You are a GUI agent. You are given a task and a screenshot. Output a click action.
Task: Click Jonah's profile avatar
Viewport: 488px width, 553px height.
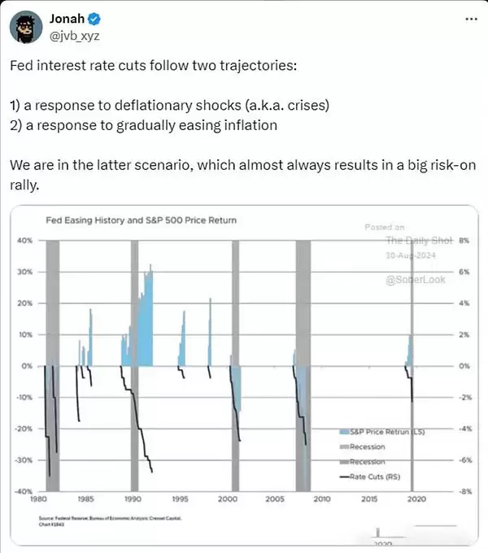(x=27, y=27)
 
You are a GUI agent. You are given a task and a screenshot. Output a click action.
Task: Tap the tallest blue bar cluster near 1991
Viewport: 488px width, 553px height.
(x=146, y=317)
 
